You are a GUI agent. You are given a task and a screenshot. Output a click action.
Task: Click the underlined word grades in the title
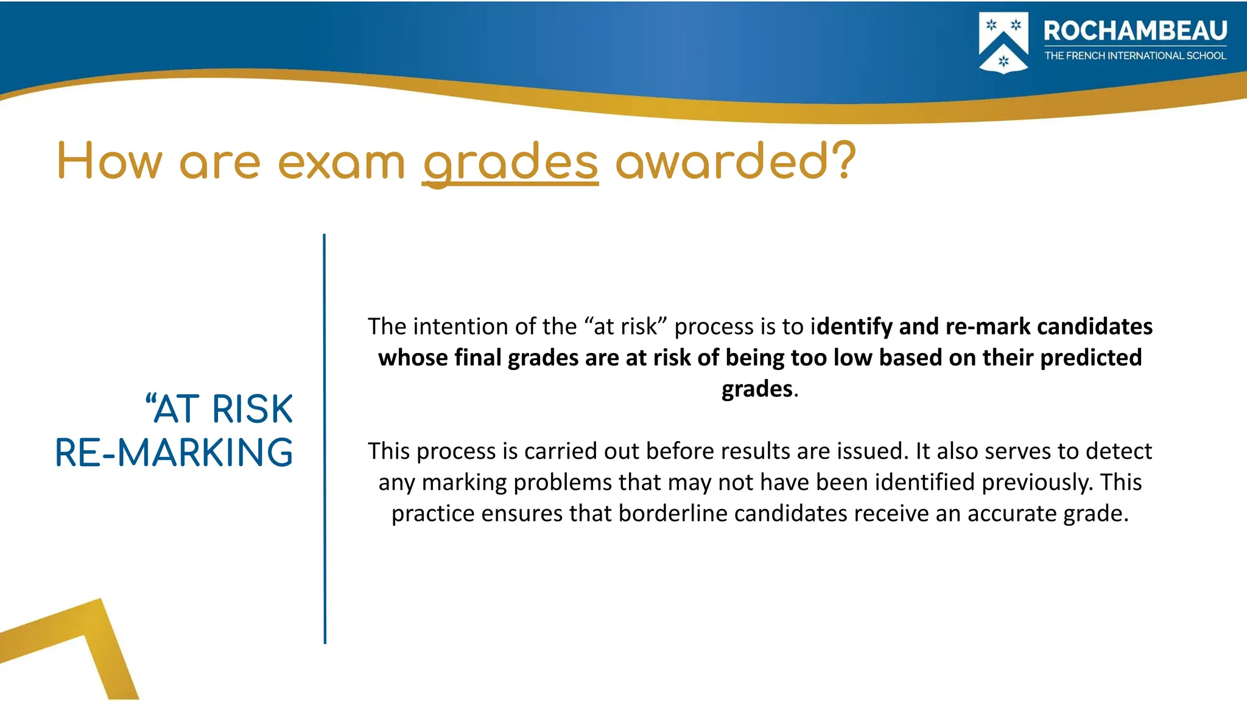pyautogui.click(x=510, y=162)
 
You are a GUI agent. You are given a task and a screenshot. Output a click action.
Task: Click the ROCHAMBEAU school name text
pyautogui.click(x=1135, y=30)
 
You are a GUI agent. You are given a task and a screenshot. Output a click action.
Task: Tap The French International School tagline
pyautogui.click(x=1135, y=56)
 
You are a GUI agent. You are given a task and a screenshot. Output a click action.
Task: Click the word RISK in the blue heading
pyautogui.click(x=253, y=409)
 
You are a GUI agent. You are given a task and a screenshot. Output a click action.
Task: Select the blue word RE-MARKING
pyautogui.click(x=174, y=453)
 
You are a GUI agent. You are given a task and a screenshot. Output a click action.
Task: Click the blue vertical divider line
pyautogui.click(x=325, y=438)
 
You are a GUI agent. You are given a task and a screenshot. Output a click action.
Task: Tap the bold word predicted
pyautogui.click(x=1091, y=358)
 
